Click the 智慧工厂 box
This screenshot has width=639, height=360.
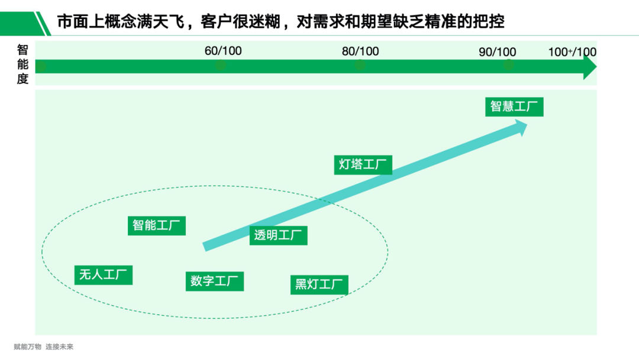pyautogui.click(x=514, y=107)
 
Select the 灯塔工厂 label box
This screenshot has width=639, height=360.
pyautogui.click(x=363, y=165)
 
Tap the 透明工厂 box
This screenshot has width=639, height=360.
pyautogui.click(x=278, y=235)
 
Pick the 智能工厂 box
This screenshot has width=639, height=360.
pyautogui.click(x=157, y=226)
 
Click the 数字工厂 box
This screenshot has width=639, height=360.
pyautogui.click(x=214, y=281)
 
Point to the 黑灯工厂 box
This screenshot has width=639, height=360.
pyautogui.click(x=319, y=284)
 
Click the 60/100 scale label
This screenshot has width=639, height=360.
pyautogui.click(x=223, y=51)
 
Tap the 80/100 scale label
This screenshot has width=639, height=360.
pyautogui.click(x=360, y=52)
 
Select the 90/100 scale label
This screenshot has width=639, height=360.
pyautogui.click(x=497, y=52)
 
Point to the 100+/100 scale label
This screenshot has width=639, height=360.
pyautogui.click(x=572, y=52)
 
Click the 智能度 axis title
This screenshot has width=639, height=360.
pyautogui.click(x=22, y=65)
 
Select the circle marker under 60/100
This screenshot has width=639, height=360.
pyautogui.click(x=221, y=66)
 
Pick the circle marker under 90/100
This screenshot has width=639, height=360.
pyautogui.click(x=508, y=66)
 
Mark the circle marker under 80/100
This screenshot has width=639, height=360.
pyautogui.click(x=359, y=66)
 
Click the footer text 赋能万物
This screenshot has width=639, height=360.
pyautogui.click(x=28, y=347)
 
